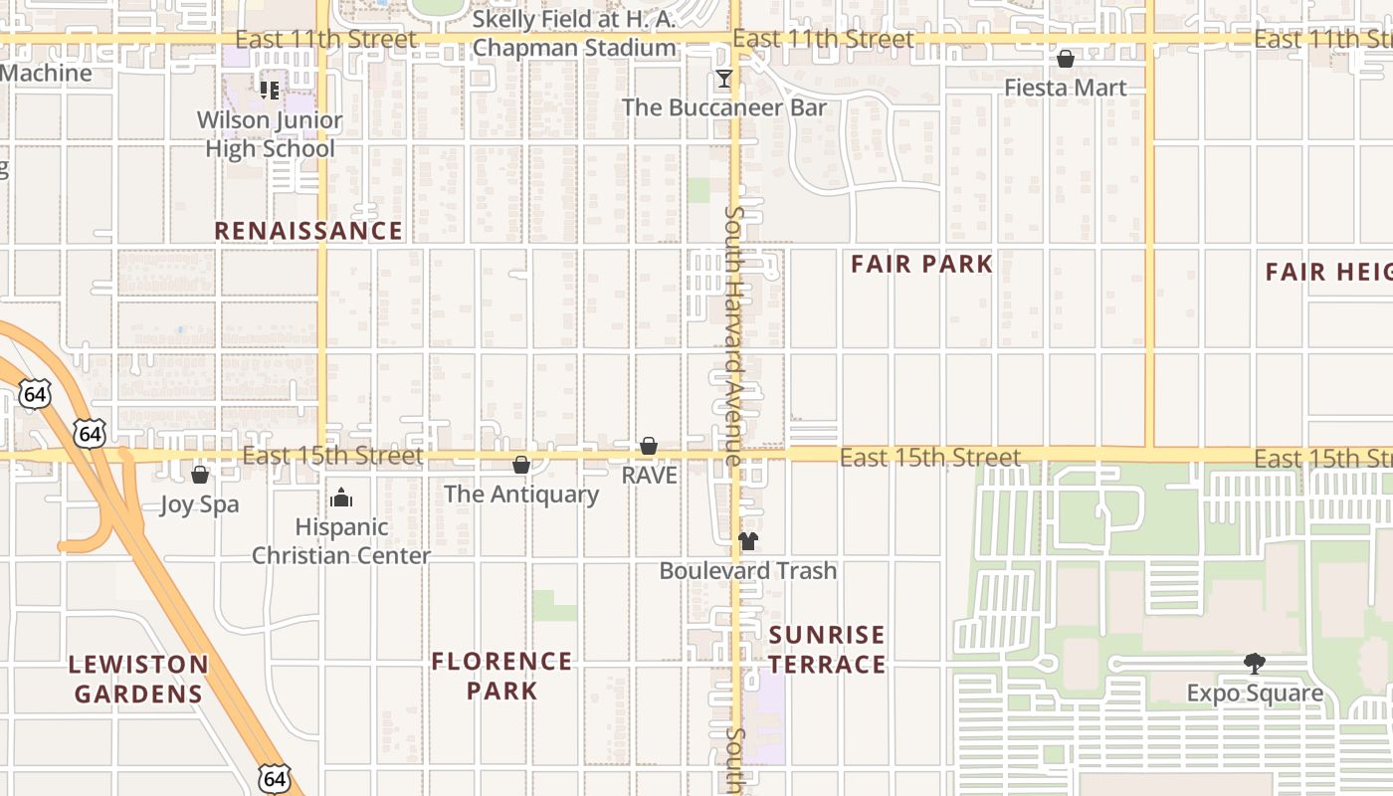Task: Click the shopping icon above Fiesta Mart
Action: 1066,59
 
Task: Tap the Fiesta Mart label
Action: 1066,88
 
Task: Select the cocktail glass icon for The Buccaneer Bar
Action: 724,79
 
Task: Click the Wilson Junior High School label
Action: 270,134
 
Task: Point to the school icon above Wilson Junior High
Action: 270,91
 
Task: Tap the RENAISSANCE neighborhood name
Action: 308,231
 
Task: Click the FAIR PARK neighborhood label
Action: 921,264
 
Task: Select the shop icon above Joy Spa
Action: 200,475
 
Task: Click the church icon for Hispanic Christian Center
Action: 341,497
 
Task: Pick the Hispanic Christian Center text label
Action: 341,541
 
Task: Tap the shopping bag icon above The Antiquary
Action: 521,465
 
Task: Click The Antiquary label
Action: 521,494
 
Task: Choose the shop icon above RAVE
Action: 649,446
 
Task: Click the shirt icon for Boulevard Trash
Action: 748,541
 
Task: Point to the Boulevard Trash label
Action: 748,571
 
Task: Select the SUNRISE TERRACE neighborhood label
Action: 827,650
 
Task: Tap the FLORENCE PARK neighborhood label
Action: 501,676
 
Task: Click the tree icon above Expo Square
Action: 1255,664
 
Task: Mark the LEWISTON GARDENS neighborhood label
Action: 138,679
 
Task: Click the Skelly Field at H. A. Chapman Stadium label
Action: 574,33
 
